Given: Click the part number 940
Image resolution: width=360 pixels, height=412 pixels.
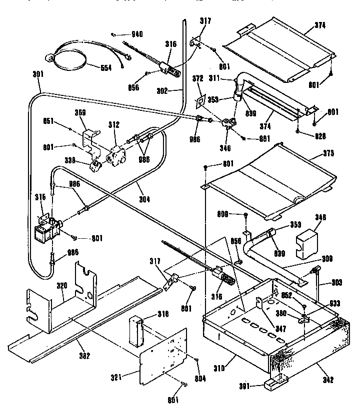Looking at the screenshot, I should click(x=137, y=34).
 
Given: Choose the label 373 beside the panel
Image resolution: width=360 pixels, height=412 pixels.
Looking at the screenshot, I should click(x=328, y=152).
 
